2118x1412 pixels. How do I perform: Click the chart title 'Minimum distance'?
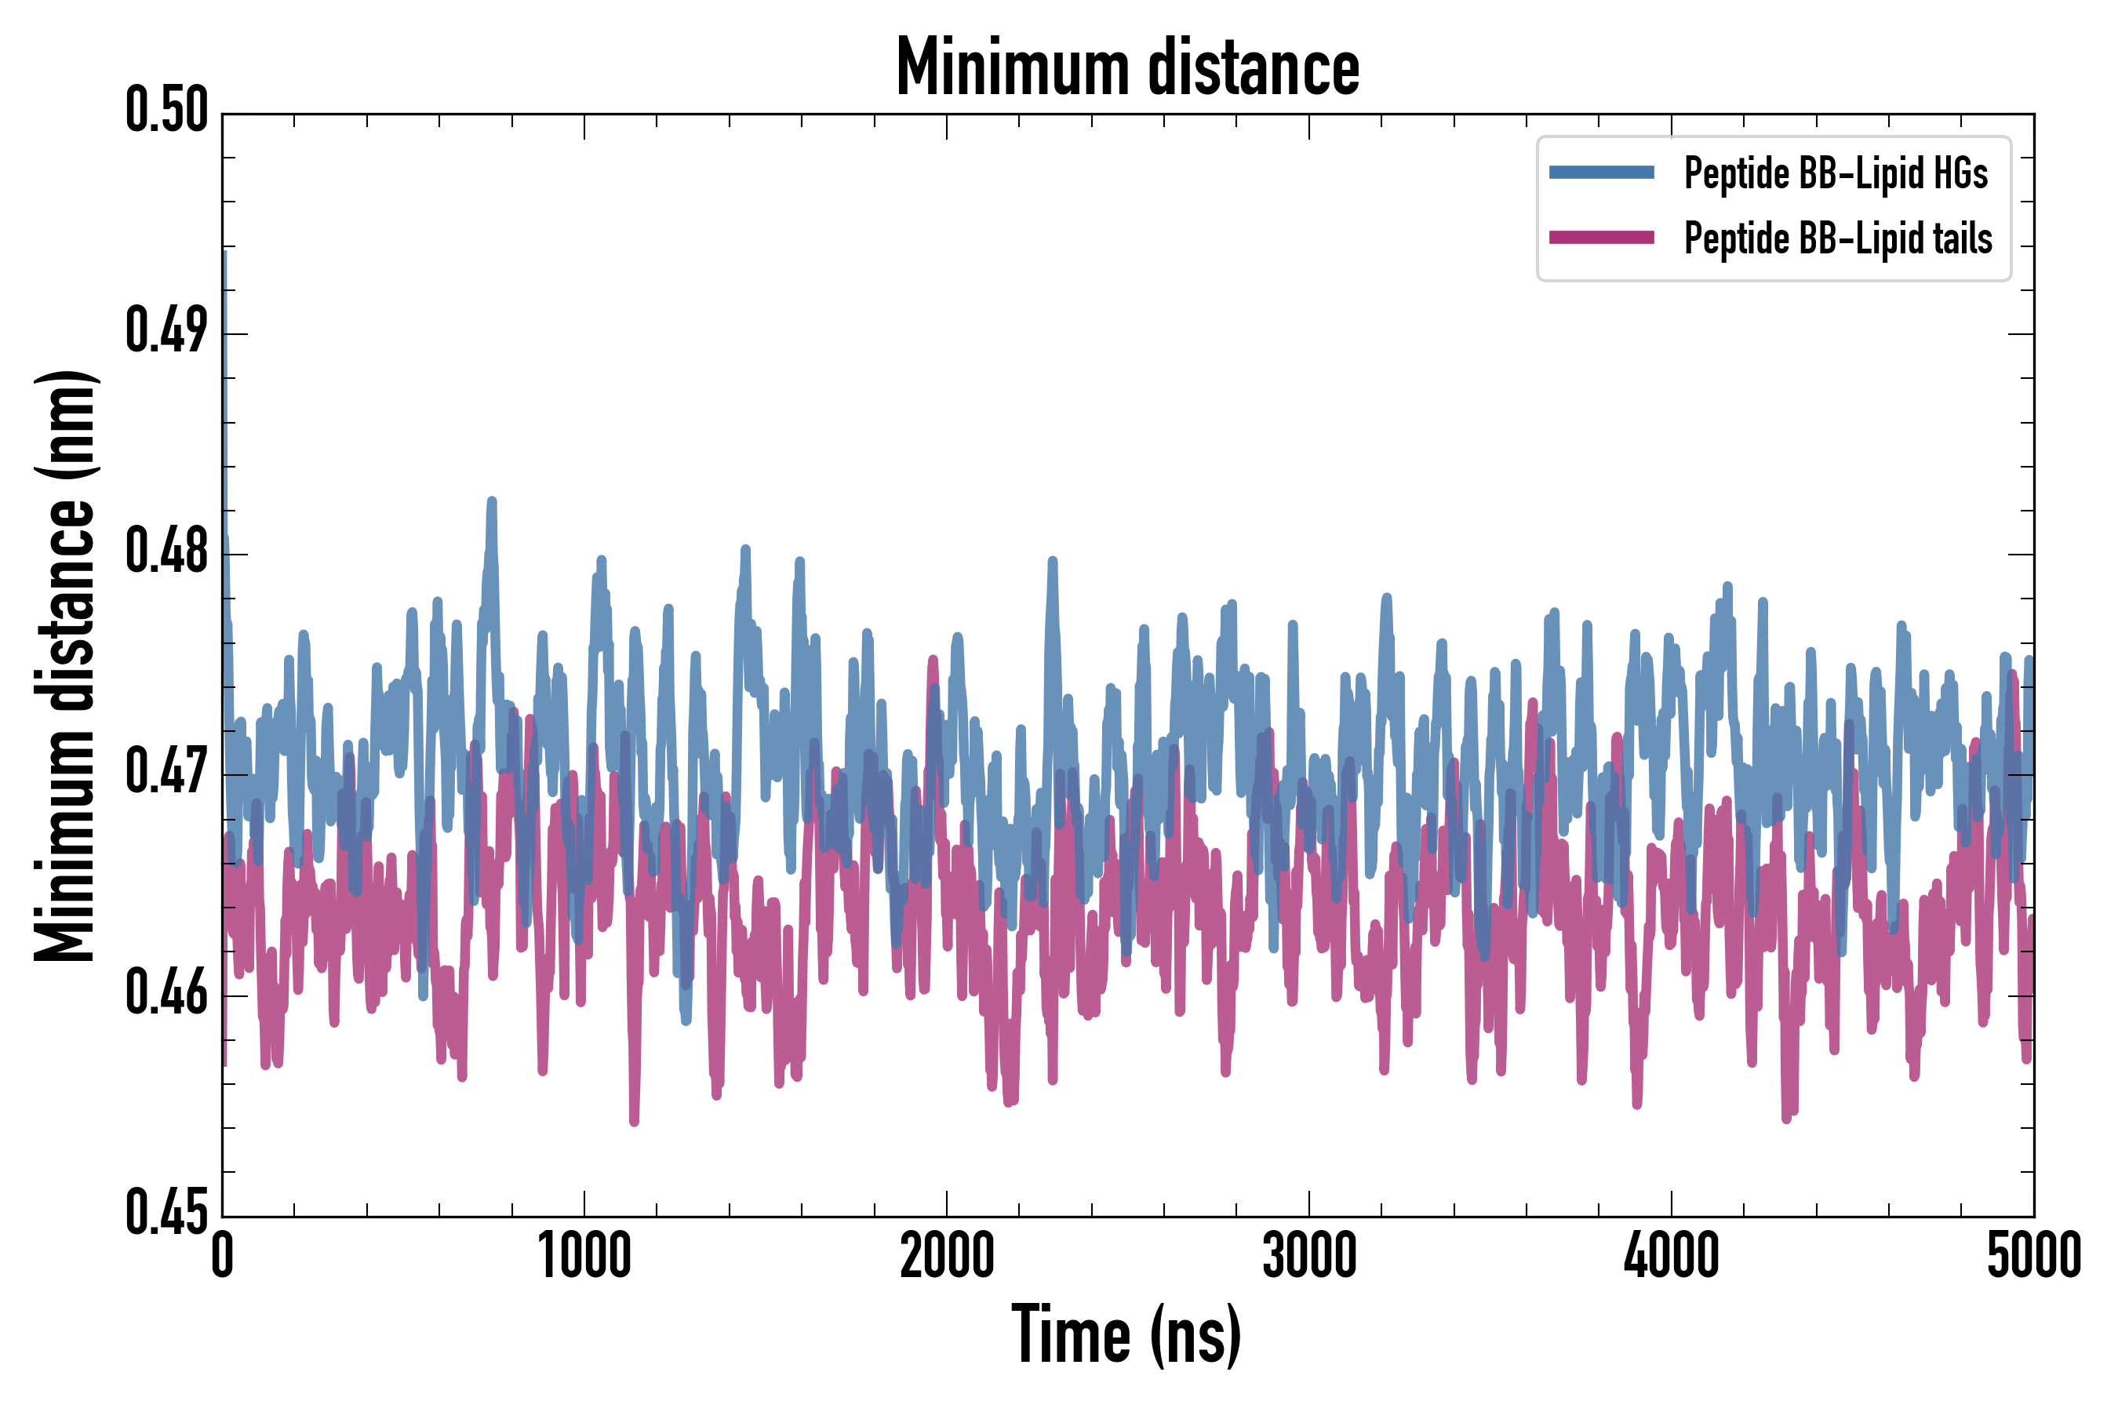point(1127,68)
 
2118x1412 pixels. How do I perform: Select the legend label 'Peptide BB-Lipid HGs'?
point(1836,173)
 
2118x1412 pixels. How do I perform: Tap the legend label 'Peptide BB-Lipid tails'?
point(1837,238)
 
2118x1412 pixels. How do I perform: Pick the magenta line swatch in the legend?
point(1601,238)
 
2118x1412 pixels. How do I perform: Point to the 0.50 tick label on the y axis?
point(166,111)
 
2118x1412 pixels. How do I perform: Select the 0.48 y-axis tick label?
point(166,551)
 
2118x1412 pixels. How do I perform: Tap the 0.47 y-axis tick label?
point(166,772)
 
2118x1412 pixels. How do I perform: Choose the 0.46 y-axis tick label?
point(166,992)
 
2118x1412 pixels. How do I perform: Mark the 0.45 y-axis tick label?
point(166,1213)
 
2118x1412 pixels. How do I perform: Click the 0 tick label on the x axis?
point(223,1256)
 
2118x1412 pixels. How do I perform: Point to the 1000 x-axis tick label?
point(584,1256)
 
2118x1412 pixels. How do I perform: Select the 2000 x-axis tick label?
point(947,1256)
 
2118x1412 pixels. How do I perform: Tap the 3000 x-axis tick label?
point(1308,1256)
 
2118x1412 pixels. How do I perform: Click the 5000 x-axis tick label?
point(2033,1256)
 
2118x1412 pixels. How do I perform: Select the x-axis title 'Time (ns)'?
point(1126,1334)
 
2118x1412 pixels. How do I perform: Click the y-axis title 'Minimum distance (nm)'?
point(65,665)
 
